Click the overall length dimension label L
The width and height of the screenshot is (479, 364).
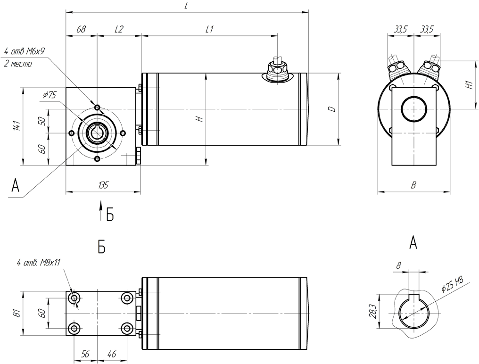coord(186,7)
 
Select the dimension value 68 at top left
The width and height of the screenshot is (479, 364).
coord(81,29)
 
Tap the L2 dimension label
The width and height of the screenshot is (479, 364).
coord(118,29)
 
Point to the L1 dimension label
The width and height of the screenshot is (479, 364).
coord(209,29)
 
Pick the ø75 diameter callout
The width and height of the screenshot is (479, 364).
coord(49,95)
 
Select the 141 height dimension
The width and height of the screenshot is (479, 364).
coord(17,126)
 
